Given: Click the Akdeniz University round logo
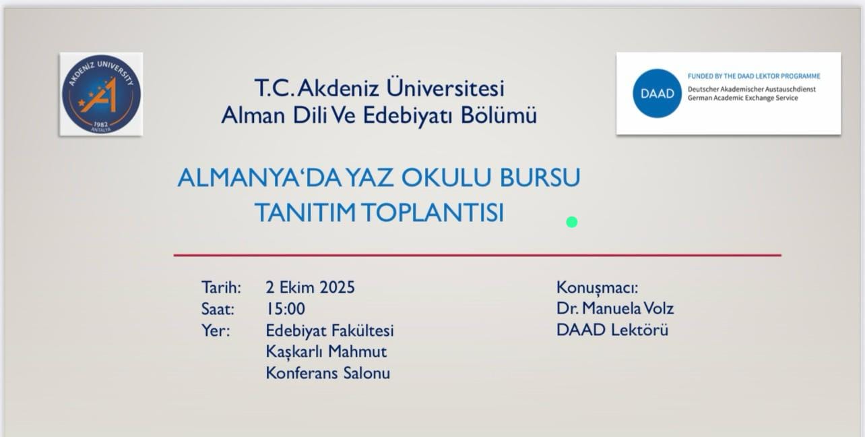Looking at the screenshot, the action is point(102,94).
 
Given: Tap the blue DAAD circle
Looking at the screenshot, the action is point(657,93).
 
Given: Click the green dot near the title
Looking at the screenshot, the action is point(572,222).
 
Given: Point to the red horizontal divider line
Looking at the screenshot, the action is point(477,255).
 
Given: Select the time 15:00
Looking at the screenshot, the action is point(286,309).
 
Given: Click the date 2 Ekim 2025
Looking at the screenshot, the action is point(310,287).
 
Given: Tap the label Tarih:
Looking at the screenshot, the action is point(221,287).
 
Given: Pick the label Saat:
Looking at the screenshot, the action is point(218,309).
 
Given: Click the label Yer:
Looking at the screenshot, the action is point(216,330).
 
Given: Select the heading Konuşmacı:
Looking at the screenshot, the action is point(597,288).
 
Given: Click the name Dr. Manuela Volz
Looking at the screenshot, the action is point(615,309).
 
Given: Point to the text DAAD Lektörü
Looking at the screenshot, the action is point(612,330).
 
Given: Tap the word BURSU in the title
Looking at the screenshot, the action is point(540,178).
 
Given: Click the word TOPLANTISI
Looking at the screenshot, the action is point(433,212).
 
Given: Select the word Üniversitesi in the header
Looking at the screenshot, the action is point(445,87).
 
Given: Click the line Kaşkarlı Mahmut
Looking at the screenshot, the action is point(326,352).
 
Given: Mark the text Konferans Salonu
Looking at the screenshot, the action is point(328,373).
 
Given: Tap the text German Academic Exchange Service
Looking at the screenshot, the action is point(742,98).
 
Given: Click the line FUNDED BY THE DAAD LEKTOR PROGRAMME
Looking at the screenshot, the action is point(754,76).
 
